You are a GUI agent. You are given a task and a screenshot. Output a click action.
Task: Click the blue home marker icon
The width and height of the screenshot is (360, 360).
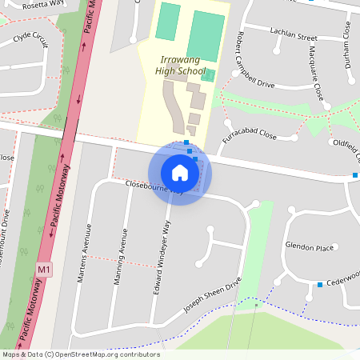180,172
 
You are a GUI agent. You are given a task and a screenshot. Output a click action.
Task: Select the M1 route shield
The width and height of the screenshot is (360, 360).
44,270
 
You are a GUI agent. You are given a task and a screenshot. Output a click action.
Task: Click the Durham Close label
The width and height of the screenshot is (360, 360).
349,44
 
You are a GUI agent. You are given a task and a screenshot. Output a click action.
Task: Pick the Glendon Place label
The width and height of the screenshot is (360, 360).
309,248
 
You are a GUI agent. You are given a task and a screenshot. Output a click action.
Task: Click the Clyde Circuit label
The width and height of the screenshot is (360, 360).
31,37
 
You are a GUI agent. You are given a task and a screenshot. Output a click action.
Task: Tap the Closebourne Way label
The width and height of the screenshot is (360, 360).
154,187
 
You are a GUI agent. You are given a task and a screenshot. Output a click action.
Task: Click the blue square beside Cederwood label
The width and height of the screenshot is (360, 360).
320,285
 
